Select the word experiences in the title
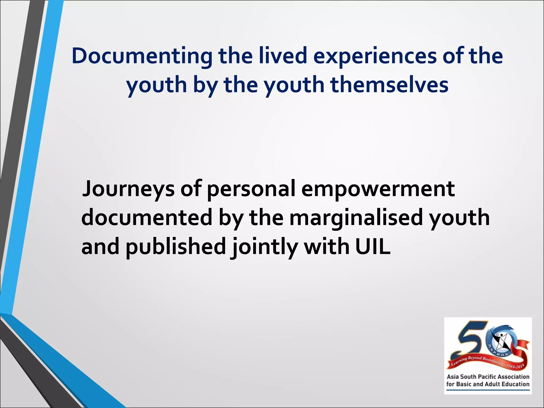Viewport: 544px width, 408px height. [x=375, y=56]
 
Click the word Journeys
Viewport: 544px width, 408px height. [x=128, y=189]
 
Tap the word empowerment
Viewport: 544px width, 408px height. [x=378, y=189]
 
